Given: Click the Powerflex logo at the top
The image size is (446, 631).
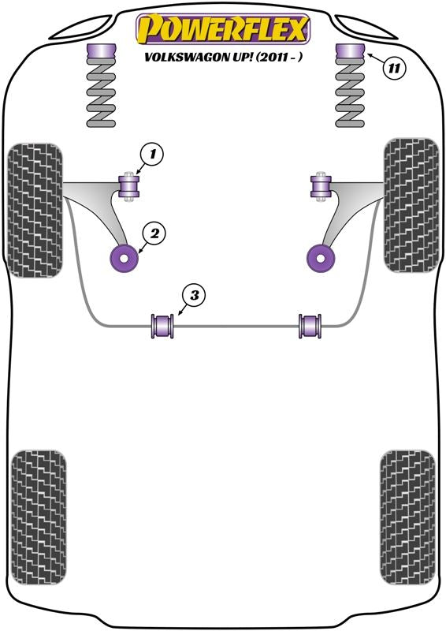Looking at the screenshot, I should click(x=223, y=30).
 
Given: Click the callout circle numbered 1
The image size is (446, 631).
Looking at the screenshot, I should click(x=151, y=155).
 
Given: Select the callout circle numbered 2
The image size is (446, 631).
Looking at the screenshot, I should click(x=154, y=233).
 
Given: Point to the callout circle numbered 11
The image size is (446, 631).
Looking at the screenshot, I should click(x=395, y=68).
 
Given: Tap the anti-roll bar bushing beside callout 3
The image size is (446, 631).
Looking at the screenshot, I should click(x=162, y=326).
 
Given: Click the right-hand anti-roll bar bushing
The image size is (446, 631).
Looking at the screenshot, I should click(x=310, y=326).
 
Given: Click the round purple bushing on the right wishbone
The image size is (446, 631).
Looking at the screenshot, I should click(x=318, y=257).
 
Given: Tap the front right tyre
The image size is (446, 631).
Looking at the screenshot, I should click(x=410, y=205).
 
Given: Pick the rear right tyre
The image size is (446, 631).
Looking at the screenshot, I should click(x=407, y=519).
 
